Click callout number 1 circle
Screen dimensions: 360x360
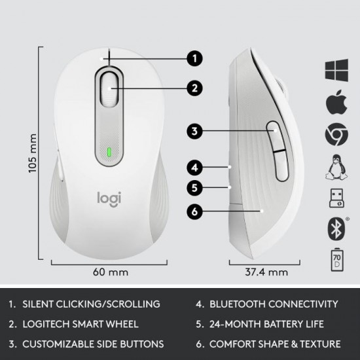point(193,58)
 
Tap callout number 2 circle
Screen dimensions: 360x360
point(193,87)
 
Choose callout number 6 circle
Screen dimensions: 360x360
point(193,211)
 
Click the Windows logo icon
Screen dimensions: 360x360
point(336,71)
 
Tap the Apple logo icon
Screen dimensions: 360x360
point(336,103)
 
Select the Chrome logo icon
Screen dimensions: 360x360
point(336,135)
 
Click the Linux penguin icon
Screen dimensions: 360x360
point(336,168)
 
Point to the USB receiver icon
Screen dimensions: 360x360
point(336,199)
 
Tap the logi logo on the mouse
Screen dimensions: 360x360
point(109,197)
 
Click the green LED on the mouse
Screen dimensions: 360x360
point(109,155)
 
